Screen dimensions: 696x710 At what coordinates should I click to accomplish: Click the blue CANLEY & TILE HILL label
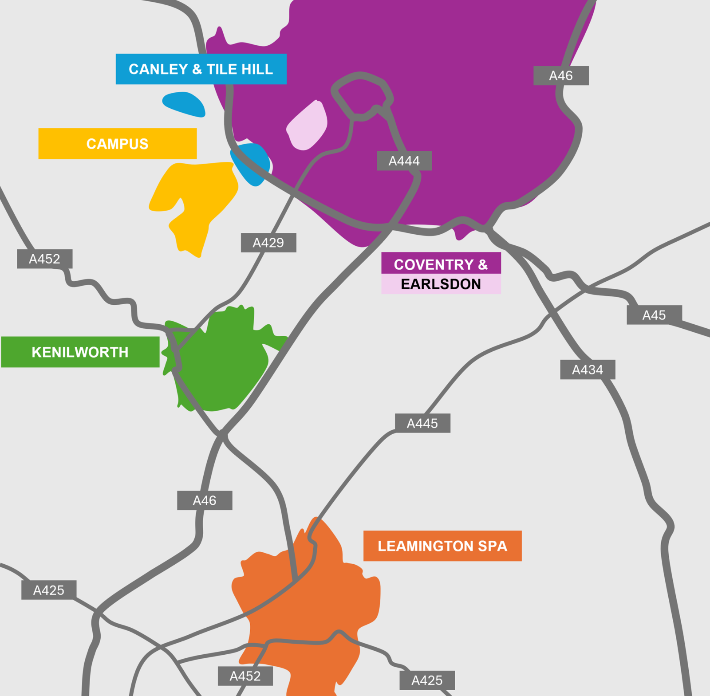pyautogui.click(x=201, y=69)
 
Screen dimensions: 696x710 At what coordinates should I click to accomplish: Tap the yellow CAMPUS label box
pyautogui.click(x=118, y=144)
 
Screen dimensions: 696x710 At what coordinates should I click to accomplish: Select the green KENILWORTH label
pyautogui.click(x=80, y=352)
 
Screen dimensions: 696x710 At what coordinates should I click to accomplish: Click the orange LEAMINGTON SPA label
pyautogui.click(x=442, y=546)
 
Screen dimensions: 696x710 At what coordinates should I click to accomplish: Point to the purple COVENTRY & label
pyautogui.click(x=441, y=263)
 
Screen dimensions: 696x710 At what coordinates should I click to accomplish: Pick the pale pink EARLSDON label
pyautogui.click(x=441, y=284)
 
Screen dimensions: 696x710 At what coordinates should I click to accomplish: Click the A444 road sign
pyautogui.click(x=404, y=161)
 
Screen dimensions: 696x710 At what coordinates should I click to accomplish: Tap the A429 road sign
pyautogui.click(x=268, y=243)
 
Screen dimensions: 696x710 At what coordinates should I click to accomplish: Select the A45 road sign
pyautogui.click(x=654, y=315)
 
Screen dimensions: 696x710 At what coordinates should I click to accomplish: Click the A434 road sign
pyautogui.click(x=588, y=370)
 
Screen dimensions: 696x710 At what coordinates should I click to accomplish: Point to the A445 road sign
pyautogui.click(x=422, y=423)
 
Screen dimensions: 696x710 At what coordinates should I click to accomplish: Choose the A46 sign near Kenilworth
pyautogui.click(x=205, y=500)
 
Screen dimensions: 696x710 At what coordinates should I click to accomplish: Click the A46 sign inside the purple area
pyautogui.click(x=561, y=75)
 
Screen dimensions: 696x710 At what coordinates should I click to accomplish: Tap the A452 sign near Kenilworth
pyautogui.click(x=44, y=259)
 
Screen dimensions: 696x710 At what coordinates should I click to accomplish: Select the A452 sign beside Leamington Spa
pyautogui.click(x=245, y=676)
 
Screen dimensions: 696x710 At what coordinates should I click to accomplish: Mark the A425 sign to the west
pyautogui.click(x=49, y=590)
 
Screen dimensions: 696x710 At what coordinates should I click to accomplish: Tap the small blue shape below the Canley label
pyautogui.click(x=184, y=104)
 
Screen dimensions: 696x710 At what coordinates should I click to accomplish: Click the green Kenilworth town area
pyautogui.click(x=222, y=364)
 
